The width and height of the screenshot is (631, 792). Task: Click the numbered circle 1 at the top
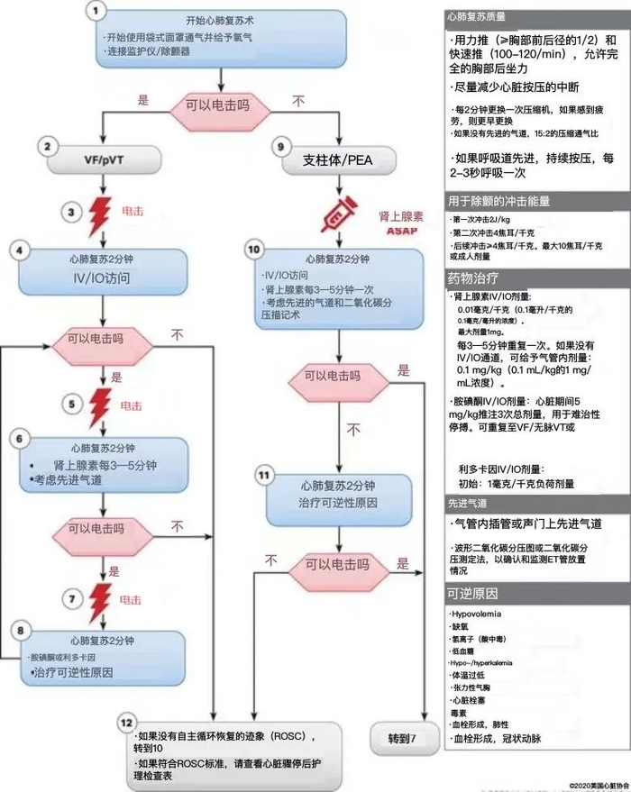click(98, 12)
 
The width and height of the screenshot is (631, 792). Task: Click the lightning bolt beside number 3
click(100, 214)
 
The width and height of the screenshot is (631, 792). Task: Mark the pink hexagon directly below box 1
click(220, 105)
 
